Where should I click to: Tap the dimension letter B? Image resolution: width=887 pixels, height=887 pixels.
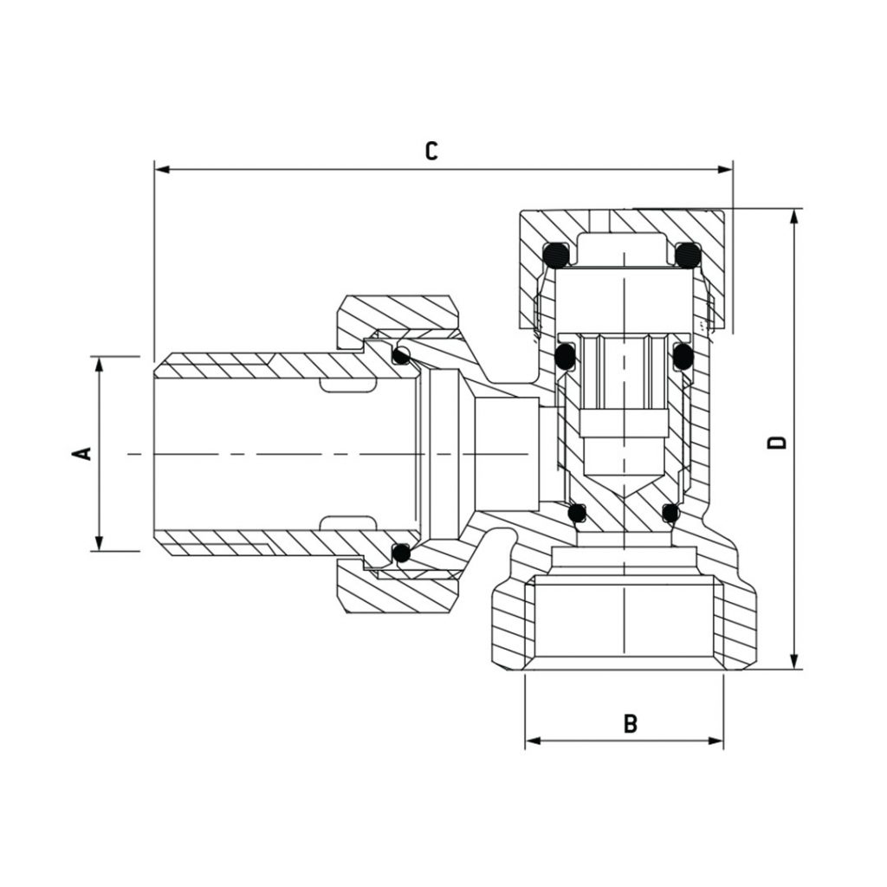pyautogui.click(x=631, y=723)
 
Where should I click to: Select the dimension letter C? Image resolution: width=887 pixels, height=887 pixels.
pyautogui.click(x=431, y=151)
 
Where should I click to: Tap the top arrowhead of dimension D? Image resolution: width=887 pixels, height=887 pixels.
pyautogui.click(x=793, y=215)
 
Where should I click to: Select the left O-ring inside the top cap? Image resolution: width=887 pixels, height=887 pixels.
pyautogui.click(x=554, y=255)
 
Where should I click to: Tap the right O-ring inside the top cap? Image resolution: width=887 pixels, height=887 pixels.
pyautogui.click(x=688, y=255)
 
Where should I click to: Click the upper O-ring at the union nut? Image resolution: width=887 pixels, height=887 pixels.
pyautogui.click(x=400, y=355)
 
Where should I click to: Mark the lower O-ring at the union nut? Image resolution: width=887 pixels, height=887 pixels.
pyautogui.click(x=400, y=552)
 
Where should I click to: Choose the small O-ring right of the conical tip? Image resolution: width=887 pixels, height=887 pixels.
pyautogui.click(x=670, y=514)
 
